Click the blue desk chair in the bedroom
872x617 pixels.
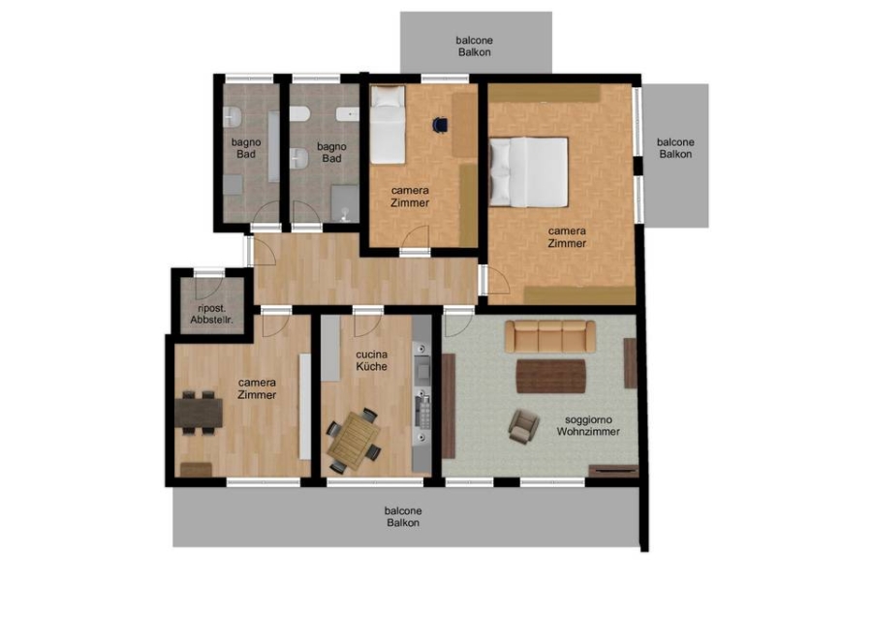point(440,125)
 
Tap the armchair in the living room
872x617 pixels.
point(523,426)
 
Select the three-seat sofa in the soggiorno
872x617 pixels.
point(550,336)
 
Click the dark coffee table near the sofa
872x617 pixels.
point(551,377)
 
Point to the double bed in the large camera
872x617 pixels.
point(528,172)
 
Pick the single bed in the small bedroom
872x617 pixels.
point(388,125)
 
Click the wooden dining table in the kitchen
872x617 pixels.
point(354,441)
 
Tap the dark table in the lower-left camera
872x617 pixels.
point(199,413)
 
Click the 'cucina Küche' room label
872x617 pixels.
point(371,360)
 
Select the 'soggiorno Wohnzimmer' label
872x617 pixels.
point(588,426)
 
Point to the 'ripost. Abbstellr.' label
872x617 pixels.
point(211,314)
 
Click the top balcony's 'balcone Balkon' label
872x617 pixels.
point(475,46)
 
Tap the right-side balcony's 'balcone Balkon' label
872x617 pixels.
point(675,148)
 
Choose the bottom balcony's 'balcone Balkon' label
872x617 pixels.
point(403,516)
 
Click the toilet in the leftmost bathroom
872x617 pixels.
point(232,117)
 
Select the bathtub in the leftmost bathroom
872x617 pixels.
point(273,147)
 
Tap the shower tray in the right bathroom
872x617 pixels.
point(345,204)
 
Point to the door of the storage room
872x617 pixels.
point(209,287)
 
